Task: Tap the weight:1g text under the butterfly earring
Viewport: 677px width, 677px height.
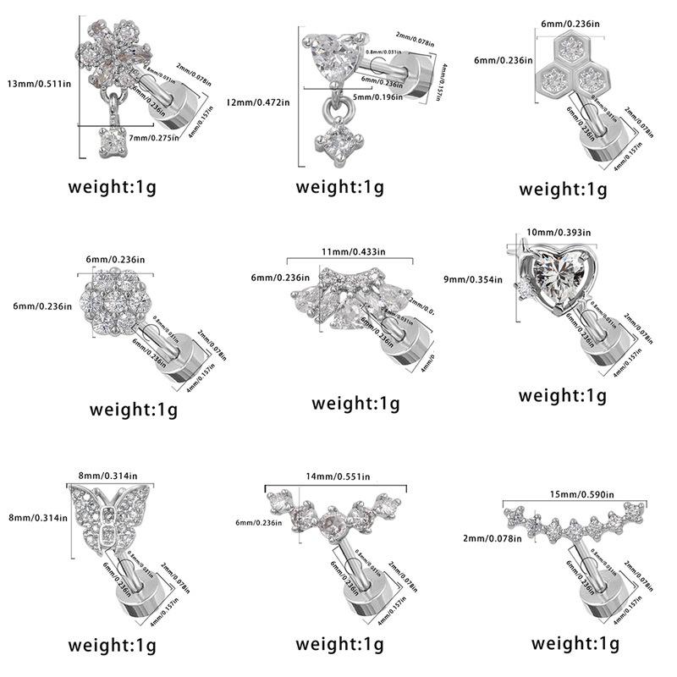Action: tap(113, 646)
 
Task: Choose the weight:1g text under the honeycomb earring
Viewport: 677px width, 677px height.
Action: tap(563, 188)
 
